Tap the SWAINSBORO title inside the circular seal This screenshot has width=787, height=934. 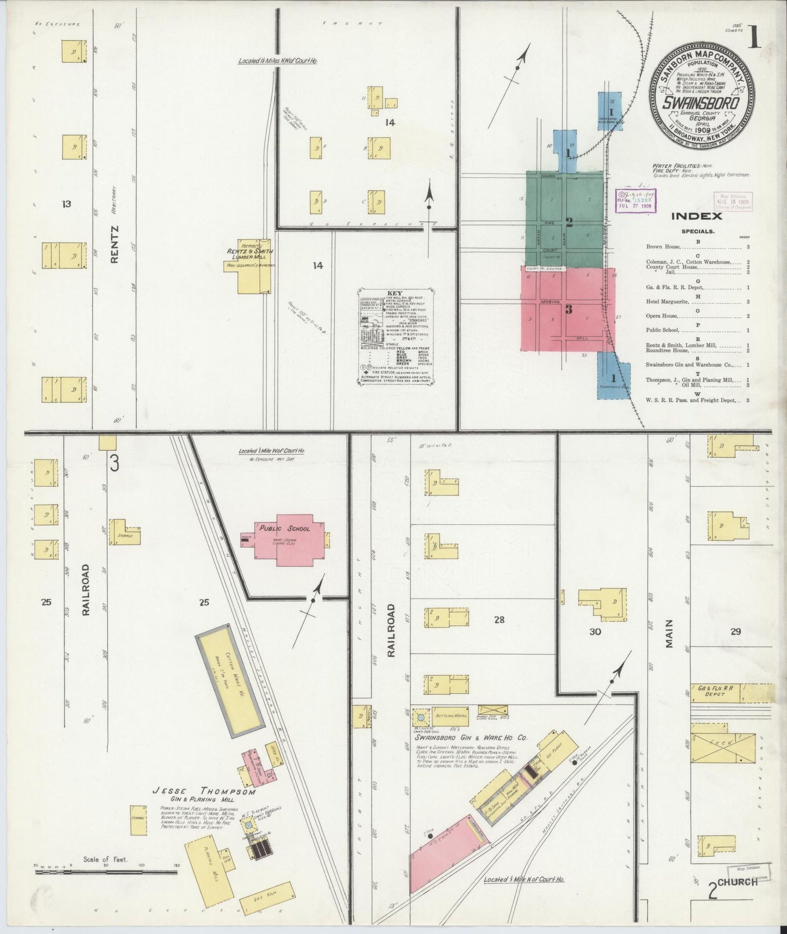[x=701, y=102]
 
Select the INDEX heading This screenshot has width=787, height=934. [x=696, y=216]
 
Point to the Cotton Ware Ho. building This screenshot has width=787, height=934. [x=231, y=686]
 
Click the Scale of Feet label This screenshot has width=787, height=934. [x=105, y=859]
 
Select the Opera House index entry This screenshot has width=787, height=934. [x=662, y=316]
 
